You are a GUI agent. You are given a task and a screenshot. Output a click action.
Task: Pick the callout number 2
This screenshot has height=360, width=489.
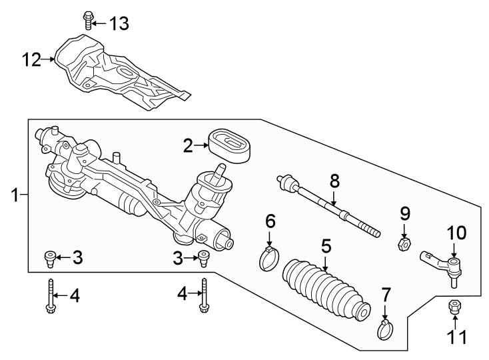coord(189,145)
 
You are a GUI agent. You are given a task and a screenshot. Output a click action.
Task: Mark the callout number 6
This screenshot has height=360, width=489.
coord(270,220)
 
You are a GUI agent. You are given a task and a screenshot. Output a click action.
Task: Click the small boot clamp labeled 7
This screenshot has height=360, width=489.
coord(384,329)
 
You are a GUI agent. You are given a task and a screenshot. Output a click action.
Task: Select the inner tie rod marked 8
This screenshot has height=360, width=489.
coord(326,205)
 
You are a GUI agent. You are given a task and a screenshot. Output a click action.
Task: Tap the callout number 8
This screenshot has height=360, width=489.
coord(334,180)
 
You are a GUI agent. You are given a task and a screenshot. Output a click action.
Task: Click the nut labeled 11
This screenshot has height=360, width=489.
coord(454,307)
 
